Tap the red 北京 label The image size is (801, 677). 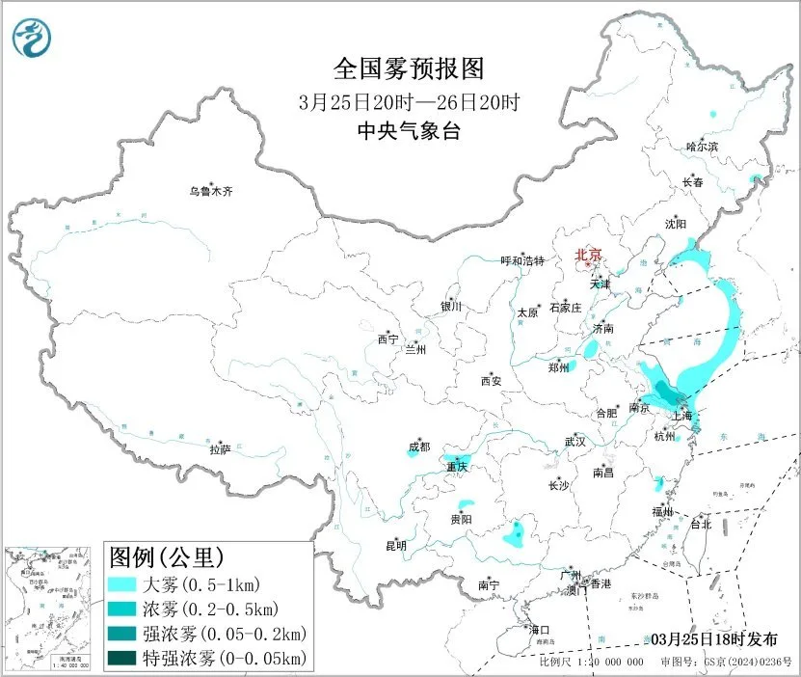[588, 255]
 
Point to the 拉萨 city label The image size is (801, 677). [220, 449]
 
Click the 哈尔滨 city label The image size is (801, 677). [702, 147]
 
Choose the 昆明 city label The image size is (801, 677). [396, 546]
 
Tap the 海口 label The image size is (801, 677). [540, 630]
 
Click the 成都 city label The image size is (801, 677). [419, 447]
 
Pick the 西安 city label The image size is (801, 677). [491, 381]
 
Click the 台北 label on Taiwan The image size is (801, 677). [701, 525]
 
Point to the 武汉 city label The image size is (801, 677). [575, 442]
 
